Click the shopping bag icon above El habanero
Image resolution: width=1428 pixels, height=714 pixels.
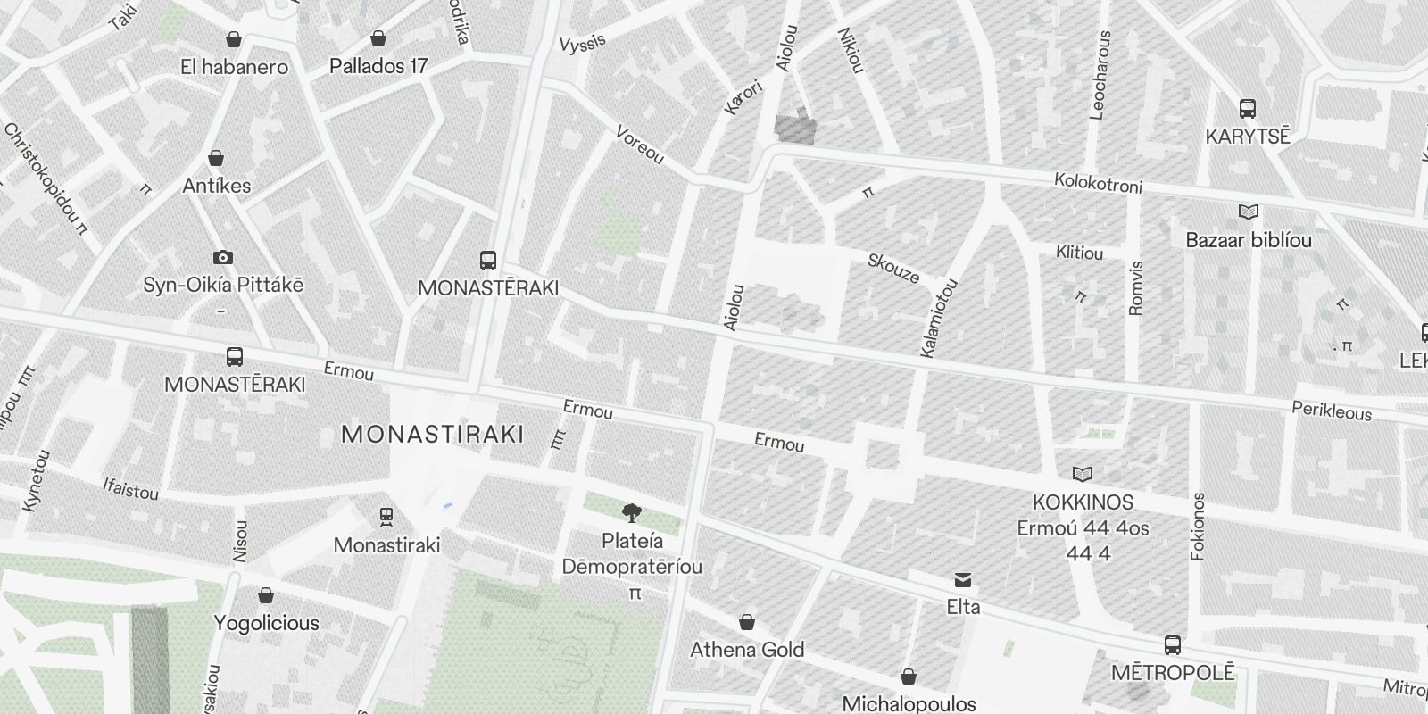(x=234, y=39)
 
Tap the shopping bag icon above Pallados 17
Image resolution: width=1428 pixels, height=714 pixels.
(x=378, y=39)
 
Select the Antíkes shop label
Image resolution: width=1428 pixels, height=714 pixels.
(x=216, y=186)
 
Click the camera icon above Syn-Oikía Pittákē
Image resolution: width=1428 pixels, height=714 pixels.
(x=222, y=257)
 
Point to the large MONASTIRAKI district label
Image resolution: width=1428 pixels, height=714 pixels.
(x=433, y=435)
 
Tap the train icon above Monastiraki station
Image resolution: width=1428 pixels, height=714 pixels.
(x=386, y=516)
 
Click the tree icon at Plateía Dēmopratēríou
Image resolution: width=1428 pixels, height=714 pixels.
(x=632, y=512)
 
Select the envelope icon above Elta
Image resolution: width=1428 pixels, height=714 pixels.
(x=963, y=580)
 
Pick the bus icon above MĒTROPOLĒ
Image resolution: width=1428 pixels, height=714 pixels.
(x=1173, y=644)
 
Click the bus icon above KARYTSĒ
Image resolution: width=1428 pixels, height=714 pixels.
(x=1248, y=109)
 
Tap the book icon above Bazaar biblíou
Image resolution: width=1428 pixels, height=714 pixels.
(x=1248, y=212)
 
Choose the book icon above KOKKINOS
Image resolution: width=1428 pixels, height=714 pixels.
(x=1083, y=474)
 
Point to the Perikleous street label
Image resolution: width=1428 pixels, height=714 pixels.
(x=1332, y=411)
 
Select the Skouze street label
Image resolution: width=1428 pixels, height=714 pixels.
(x=893, y=268)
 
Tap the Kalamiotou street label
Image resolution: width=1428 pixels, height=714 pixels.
(x=939, y=319)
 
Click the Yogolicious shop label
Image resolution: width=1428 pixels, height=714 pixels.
(x=266, y=623)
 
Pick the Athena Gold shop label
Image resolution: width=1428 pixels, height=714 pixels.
(x=747, y=650)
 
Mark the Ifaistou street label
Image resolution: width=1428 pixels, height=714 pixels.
(x=130, y=489)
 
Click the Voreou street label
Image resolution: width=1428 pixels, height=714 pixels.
(x=640, y=145)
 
